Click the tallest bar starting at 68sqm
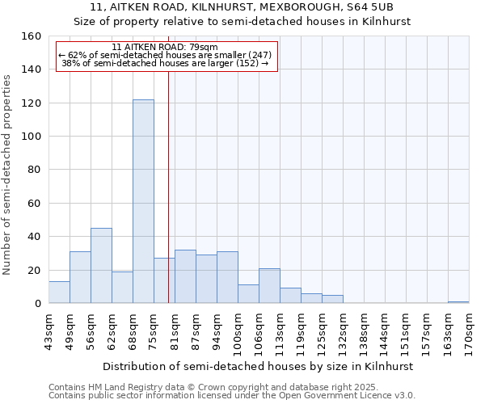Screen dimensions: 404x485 (x=143, y=202)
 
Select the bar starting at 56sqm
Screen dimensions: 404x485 (x=101, y=266)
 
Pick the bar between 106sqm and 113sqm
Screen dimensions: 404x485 (x=269, y=286)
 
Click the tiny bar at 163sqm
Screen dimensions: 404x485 (x=458, y=302)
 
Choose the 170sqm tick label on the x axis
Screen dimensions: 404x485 (x=469, y=331)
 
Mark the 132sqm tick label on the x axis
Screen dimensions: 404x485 (x=343, y=331)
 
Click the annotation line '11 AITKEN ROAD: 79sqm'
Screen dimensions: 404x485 (x=165, y=48)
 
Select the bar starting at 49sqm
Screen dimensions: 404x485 (x=80, y=277)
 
